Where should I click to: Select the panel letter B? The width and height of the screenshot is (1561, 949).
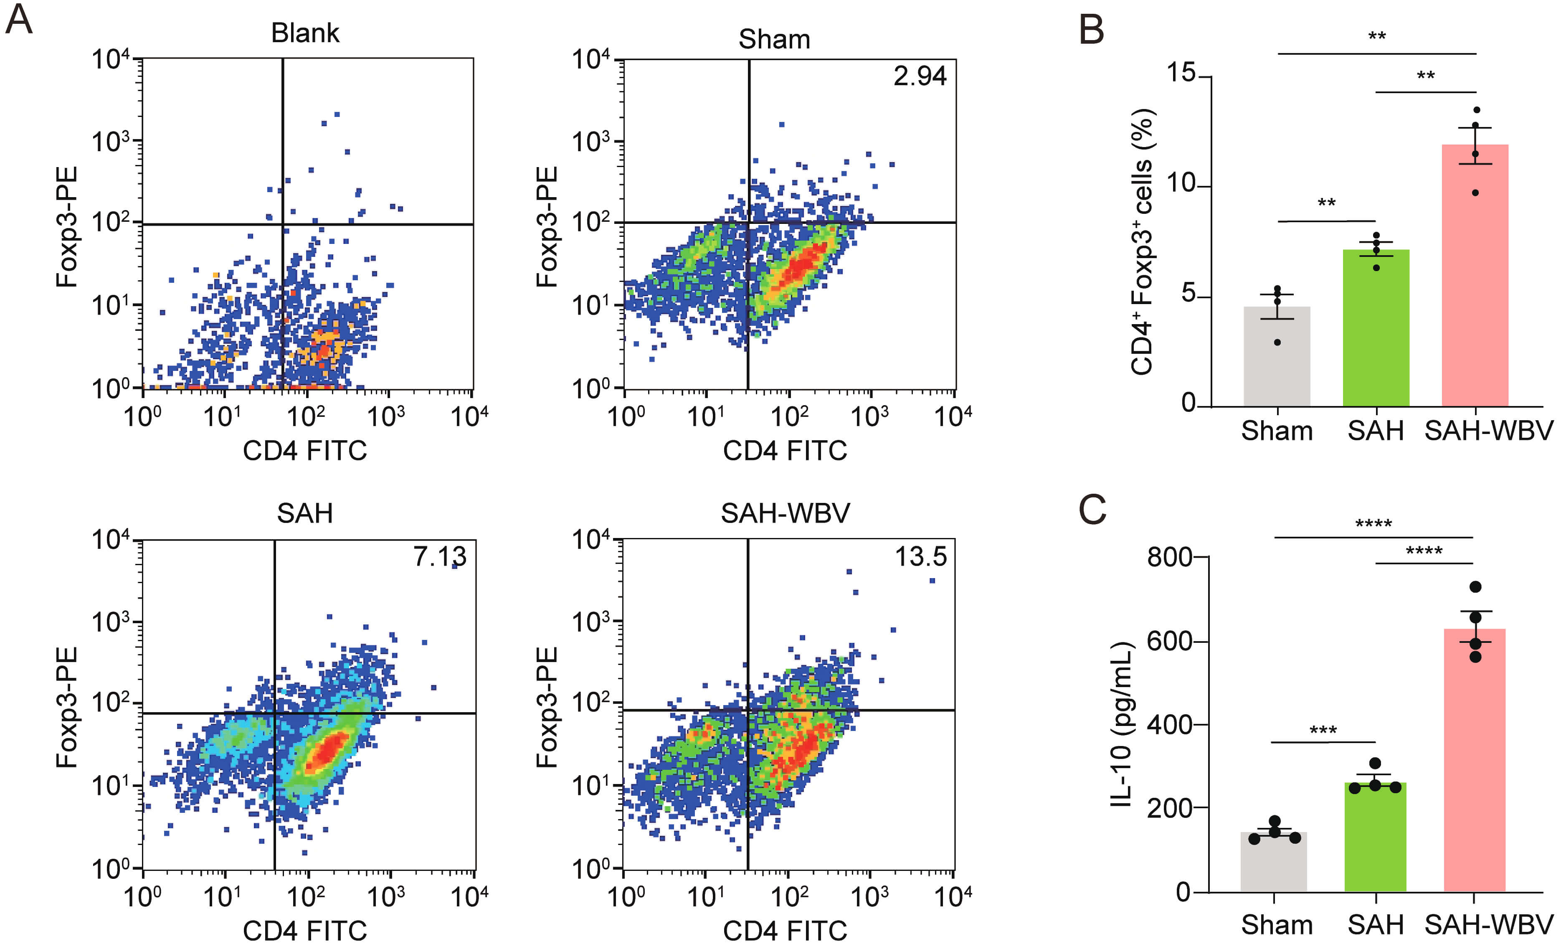(1092, 30)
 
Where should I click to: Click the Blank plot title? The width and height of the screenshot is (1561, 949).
(305, 33)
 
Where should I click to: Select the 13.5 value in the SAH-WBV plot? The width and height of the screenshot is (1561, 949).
(920, 557)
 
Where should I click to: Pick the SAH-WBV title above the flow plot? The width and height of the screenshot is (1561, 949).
(785, 513)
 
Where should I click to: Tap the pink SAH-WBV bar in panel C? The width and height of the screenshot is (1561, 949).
(1474, 760)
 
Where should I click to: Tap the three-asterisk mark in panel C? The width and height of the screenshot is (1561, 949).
(1323, 731)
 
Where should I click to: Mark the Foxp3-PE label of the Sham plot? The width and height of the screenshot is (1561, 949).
(546, 227)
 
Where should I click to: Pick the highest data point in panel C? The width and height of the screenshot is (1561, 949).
(1475, 586)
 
